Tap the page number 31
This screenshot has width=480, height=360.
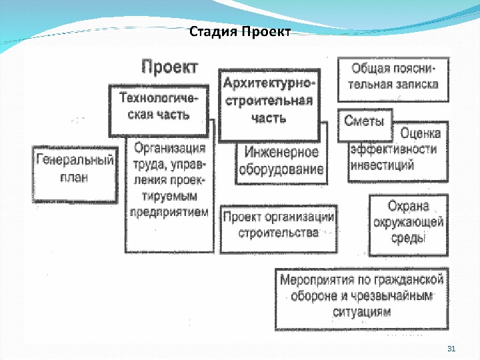pos(450,349)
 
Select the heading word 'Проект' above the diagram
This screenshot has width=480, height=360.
pos(169,67)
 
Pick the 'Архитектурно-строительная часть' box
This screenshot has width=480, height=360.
pos(269,101)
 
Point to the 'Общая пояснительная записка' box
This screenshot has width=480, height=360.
pos(394,77)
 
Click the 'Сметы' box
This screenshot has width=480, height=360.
pos(364,121)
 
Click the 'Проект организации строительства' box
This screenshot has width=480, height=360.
pos(278,225)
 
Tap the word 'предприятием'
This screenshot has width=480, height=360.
pos(169,213)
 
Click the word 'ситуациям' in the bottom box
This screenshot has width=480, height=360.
pos(363,311)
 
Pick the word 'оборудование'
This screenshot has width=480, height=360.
pos(281,169)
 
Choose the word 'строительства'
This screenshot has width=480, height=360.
pos(278,233)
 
